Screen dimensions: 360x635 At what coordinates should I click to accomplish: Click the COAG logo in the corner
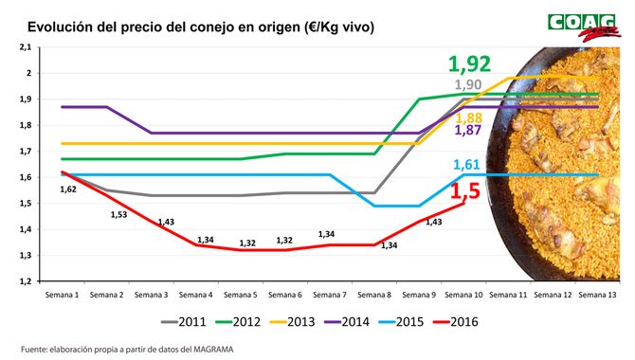(x=582, y=26)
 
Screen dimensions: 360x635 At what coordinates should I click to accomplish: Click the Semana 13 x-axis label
(x=596, y=296)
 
